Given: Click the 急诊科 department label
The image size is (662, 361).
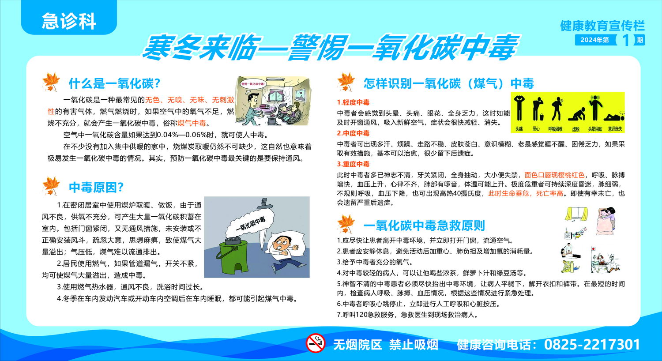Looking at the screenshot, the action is pyautogui.click(x=69, y=21).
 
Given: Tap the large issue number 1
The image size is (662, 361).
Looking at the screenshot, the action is pyautogui.click(x=625, y=40).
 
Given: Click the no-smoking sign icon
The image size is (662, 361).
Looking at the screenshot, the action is pyautogui.click(x=316, y=343).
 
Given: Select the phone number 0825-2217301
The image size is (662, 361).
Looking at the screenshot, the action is pyautogui.click(x=592, y=345).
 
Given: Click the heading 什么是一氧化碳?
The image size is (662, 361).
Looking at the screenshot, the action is pyautogui.click(x=114, y=83).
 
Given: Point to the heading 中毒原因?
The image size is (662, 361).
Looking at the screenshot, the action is pyautogui.click(x=96, y=187).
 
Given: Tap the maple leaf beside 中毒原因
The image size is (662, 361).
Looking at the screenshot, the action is pyautogui.click(x=51, y=186).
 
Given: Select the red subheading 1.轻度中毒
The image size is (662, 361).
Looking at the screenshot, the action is pyautogui.click(x=353, y=102).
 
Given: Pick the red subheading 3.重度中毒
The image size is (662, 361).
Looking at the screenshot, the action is pyautogui.click(x=353, y=164).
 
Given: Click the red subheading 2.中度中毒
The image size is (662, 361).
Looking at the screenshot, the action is pyautogui.click(x=353, y=133).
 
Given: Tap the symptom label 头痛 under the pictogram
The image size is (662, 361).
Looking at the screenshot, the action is pyautogui.click(x=519, y=129).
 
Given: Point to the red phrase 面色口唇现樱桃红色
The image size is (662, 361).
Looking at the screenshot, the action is pyautogui.click(x=554, y=175).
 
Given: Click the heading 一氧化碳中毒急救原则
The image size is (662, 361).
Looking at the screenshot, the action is pyautogui.click(x=424, y=226).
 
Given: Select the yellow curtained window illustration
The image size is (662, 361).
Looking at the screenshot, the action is pyautogui.click(x=576, y=214).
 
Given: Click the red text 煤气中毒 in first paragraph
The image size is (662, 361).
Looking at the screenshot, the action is pyautogui.click(x=192, y=123).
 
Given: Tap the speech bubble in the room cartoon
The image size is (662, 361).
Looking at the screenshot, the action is pyautogui.click(x=254, y=84).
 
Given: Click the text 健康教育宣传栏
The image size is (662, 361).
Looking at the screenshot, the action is pyautogui.click(x=602, y=26).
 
